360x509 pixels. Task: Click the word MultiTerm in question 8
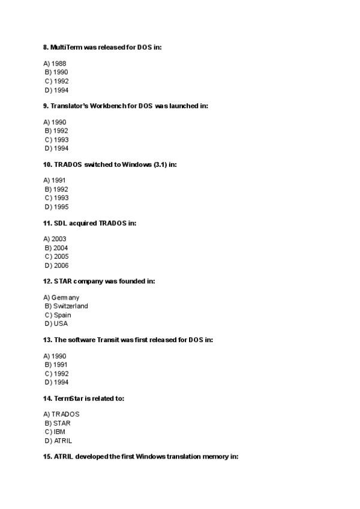coord(66,47)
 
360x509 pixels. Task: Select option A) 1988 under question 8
coord(55,64)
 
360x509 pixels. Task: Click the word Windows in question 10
coord(137,164)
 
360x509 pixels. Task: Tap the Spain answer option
coord(58,315)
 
